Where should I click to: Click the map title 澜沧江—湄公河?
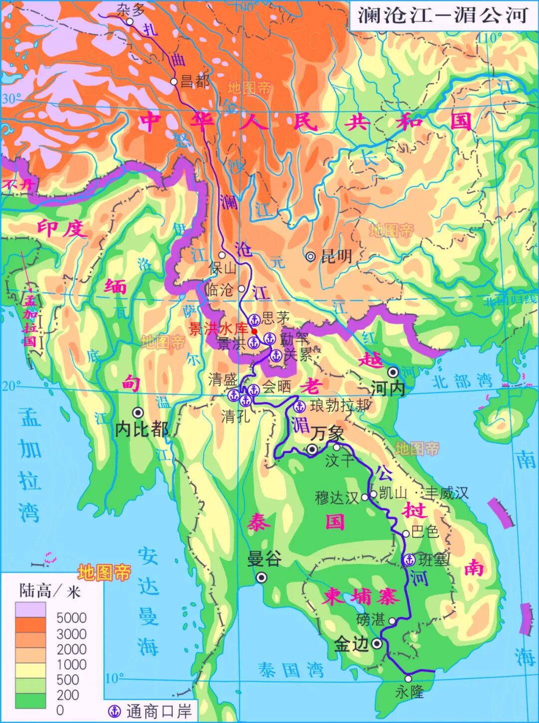point(443,15)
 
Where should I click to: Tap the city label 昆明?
point(336,256)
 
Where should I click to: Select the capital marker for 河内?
point(393,372)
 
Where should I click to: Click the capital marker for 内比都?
point(137,413)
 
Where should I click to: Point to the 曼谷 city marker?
point(261,578)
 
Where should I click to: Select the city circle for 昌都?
point(174,81)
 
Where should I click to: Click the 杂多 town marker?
point(129,22)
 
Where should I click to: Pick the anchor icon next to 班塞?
point(409,559)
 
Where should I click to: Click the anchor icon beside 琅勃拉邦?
point(300,406)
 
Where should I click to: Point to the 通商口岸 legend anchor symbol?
point(115,711)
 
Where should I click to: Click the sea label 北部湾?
point(462,382)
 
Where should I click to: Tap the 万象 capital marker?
point(312,450)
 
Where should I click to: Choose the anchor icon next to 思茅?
point(255,320)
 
